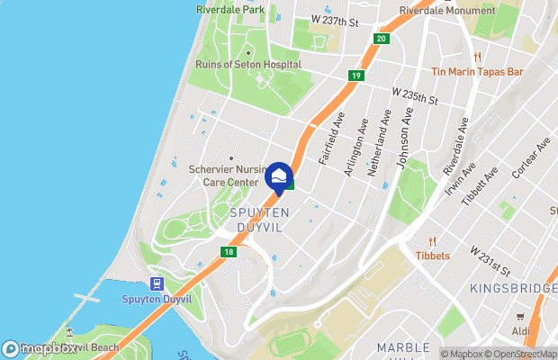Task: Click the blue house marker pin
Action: click(x=280, y=175)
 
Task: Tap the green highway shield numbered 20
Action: click(x=382, y=39)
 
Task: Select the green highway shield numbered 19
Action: click(x=357, y=76)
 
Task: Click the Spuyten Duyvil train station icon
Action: click(x=157, y=284)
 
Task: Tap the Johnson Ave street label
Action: click(x=406, y=132)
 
